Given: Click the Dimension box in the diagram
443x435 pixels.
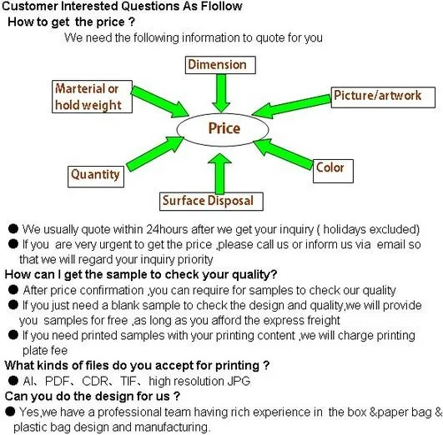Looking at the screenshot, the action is click(220, 65).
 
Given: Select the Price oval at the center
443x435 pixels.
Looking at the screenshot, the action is click(223, 129).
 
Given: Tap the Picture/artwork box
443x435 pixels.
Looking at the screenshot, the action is click(383, 97).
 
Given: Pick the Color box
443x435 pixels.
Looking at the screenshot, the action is click(333, 171).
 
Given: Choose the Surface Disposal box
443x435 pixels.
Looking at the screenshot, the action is click(211, 202).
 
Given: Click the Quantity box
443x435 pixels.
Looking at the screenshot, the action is click(96, 177).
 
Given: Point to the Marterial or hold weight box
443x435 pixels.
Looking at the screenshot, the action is click(92, 97).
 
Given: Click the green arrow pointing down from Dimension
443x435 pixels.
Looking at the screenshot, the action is click(221, 93).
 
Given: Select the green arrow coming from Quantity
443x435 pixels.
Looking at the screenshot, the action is click(155, 153).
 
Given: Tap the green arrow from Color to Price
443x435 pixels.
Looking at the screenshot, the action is click(283, 153).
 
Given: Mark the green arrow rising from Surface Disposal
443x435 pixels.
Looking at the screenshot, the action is click(219, 173).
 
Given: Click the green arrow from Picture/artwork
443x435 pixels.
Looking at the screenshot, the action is click(291, 107).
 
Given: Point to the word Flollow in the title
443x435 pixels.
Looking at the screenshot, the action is click(222, 6).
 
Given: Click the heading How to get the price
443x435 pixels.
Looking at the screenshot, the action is click(71, 22).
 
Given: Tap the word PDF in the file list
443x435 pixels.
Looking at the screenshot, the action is click(57, 381).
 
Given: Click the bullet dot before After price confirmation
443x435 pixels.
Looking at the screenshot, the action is click(13, 290).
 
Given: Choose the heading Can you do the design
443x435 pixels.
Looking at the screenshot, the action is click(92, 396).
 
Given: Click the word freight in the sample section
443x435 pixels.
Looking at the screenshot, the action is click(323, 321).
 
